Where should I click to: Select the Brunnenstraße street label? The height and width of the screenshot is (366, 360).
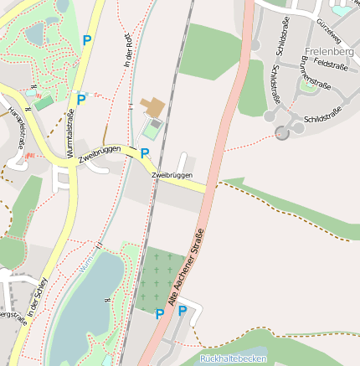pos(315,76)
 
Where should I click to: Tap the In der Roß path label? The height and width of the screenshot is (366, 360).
pos(128,54)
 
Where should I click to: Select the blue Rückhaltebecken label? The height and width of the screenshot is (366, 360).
pos(234,358)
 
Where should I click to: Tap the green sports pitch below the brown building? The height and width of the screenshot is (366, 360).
pos(152,130)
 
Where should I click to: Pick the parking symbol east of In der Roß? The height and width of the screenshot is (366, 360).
pos(144,153)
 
